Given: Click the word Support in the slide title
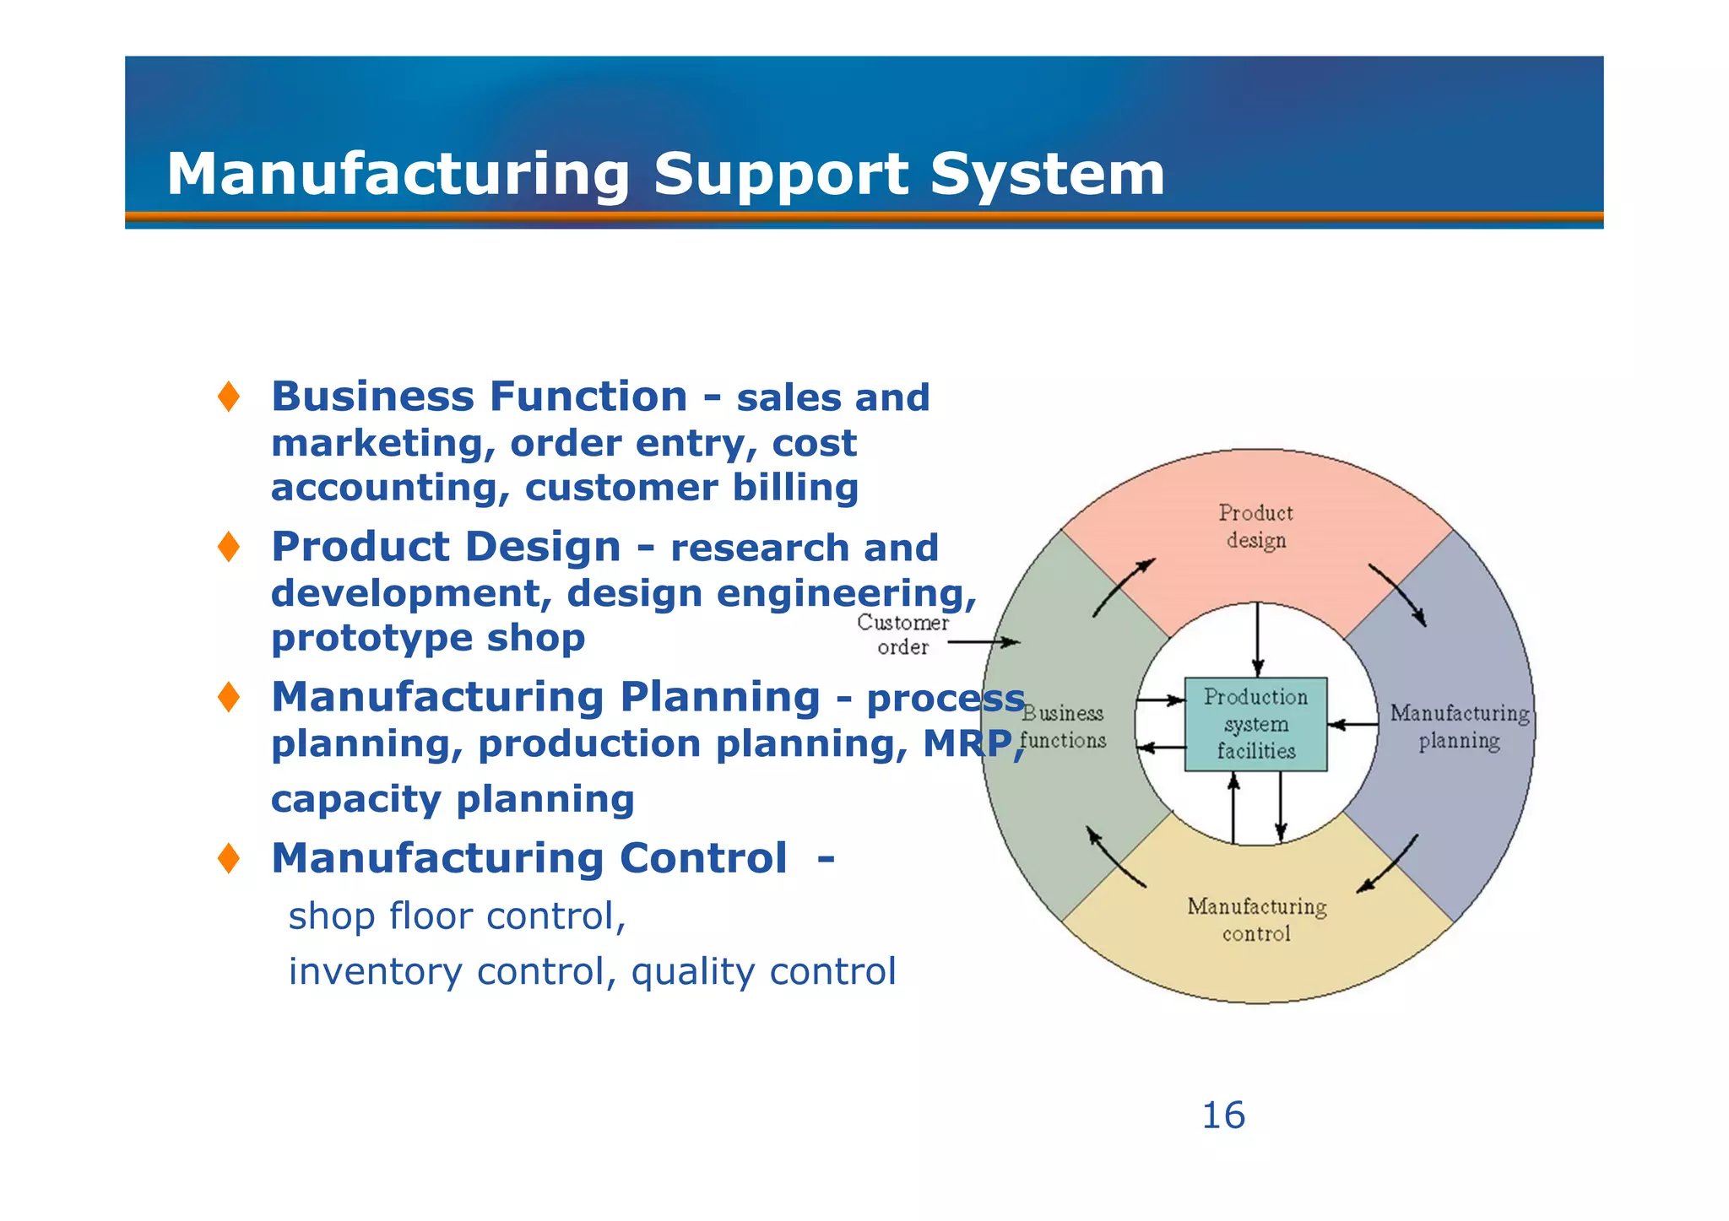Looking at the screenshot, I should (x=781, y=176).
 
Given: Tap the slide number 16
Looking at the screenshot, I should (x=1222, y=1116).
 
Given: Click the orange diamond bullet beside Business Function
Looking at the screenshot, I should (x=228, y=397).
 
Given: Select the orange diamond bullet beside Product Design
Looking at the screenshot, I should (x=228, y=547).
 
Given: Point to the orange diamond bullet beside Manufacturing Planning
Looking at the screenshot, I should (x=228, y=697).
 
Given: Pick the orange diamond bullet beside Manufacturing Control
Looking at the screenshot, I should (x=228, y=858).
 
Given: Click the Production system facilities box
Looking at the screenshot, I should (x=1255, y=724).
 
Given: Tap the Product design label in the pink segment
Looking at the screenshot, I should (x=1255, y=527).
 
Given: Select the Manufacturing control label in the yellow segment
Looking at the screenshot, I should (x=1256, y=920).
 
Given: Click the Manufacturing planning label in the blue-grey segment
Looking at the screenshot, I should (x=1459, y=727).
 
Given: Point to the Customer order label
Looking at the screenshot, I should (x=902, y=635).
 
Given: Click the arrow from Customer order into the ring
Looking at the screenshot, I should (x=984, y=642).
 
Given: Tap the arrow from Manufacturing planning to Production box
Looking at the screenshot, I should (x=1352, y=724).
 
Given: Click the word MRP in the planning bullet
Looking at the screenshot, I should (x=967, y=744).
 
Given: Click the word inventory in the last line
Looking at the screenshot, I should (x=375, y=972).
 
